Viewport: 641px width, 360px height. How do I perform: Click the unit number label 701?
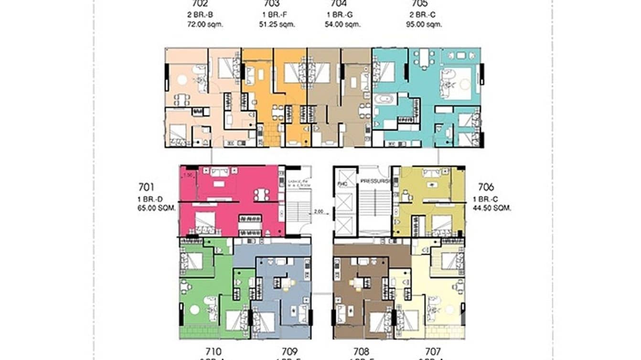[146, 187]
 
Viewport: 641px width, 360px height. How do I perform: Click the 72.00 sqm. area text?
[206, 23]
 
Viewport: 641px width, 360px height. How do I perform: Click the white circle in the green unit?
[194, 309]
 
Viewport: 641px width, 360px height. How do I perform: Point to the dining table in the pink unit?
[262, 194]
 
